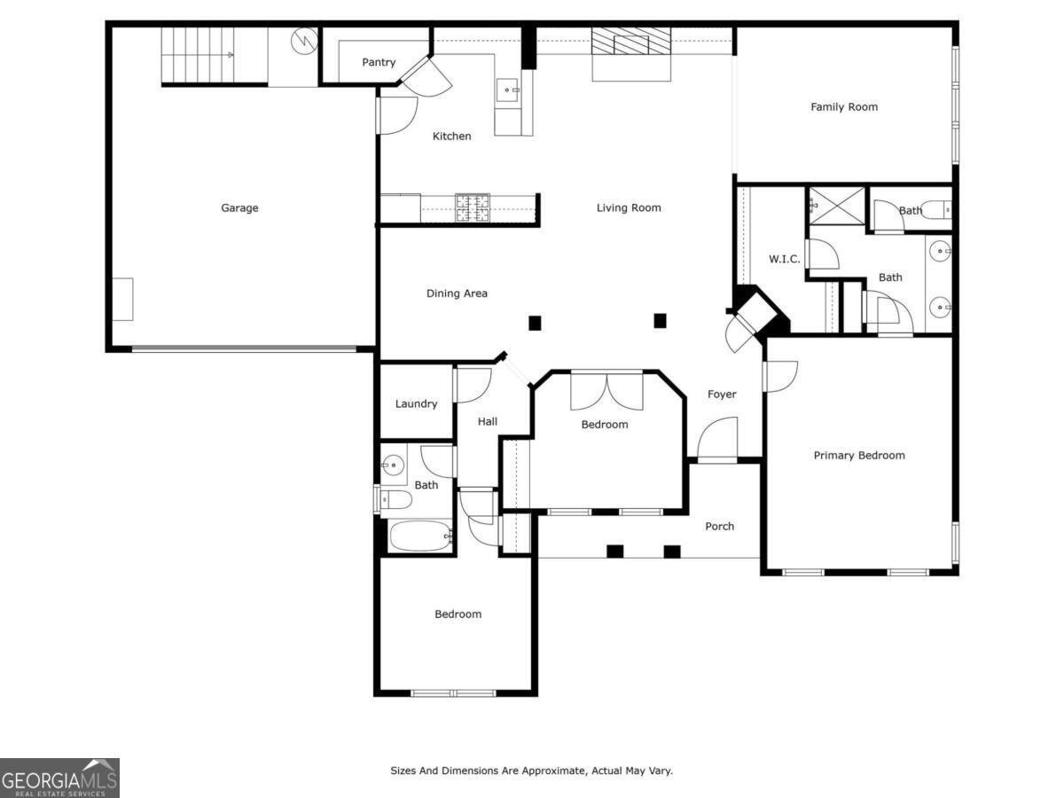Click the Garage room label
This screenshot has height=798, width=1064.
pyautogui.click(x=239, y=208)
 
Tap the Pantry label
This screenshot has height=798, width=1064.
pyautogui.click(x=379, y=63)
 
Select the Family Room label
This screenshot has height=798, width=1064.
pyautogui.click(x=844, y=107)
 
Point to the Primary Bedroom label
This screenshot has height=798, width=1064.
pyautogui.click(x=859, y=456)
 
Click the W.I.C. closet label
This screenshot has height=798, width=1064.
pyautogui.click(x=784, y=259)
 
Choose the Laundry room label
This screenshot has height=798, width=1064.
pyautogui.click(x=416, y=404)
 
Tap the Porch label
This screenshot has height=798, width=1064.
pyautogui.click(x=719, y=527)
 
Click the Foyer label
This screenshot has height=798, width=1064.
pyautogui.click(x=722, y=395)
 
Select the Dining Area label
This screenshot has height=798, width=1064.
pyautogui.click(x=457, y=293)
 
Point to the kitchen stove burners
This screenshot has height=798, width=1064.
pyautogui.click(x=473, y=207)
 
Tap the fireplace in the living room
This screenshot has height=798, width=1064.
pyautogui.click(x=631, y=43)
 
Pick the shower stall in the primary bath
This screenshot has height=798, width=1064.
pyautogui.click(x=836, y=206)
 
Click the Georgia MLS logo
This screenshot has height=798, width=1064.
pyautogui.click(x=59, y=778)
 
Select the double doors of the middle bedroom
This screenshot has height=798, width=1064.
pyautogui.click(x=606, y=390)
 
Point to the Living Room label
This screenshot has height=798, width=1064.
pyautogui.click(x=629, y=208)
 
